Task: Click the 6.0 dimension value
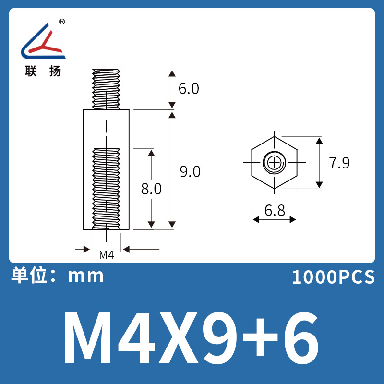tap(189, 89)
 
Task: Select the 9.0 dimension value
tap(190, 171)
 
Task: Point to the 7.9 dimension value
tap(339, 163)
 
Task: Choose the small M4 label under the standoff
tap(106, 255)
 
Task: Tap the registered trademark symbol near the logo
tap(62, 22)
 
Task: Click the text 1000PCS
tap(333, 277)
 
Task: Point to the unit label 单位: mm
tap(58, 276)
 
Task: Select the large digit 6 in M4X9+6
tap(300, 338)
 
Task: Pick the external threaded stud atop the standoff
tap(106, 89)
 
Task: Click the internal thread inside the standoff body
tap(106, 187)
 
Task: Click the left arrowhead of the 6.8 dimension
tap(256, 219)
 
